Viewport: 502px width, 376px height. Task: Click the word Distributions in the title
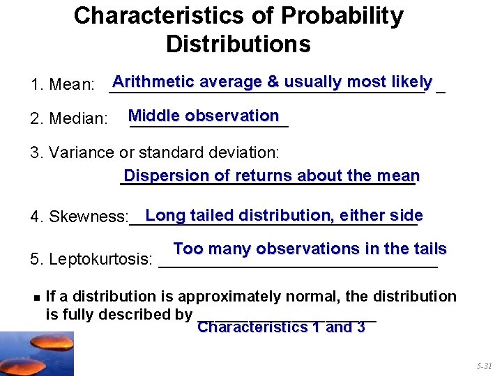tap(238, 45)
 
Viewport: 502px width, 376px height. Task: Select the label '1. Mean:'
tap(63, 86)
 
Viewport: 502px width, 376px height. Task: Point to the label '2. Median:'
tap(69, 119)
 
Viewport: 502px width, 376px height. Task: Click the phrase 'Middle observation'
tap(204, 116)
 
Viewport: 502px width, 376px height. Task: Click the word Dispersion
tap(165, 175)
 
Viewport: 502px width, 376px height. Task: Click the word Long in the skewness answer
tap(165, 215)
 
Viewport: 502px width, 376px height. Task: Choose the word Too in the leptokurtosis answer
tap(188, 249)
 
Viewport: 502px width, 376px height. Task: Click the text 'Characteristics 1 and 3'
tap(281, 327)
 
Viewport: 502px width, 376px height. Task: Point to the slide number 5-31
tap(484, 366)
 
